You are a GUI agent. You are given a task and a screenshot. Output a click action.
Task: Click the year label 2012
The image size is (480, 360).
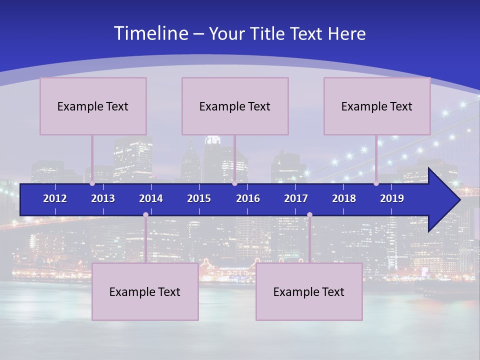[55, 198]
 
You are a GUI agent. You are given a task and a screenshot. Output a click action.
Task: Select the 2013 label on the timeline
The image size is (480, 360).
[103, 198]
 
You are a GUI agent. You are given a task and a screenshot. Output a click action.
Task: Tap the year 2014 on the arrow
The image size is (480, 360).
[151, 198]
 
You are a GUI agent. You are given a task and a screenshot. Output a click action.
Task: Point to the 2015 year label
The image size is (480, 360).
[199, 198]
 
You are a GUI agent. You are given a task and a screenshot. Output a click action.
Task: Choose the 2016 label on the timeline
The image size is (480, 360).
[248, 198]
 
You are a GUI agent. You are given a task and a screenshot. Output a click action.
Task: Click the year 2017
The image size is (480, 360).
[296, 198]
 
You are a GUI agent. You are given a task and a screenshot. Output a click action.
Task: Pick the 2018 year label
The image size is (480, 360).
[344, 198]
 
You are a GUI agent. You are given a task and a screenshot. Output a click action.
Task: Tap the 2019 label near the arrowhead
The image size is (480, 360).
[392, 198]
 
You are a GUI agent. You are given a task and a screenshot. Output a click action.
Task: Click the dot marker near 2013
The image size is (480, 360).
[92, 183]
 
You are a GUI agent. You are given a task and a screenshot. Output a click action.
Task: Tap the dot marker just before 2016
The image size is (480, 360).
[234, 183]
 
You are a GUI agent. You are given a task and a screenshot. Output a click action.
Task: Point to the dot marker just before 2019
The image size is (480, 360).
[376, 183]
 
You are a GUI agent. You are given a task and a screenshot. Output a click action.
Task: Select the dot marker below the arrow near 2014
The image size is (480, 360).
[145, 215]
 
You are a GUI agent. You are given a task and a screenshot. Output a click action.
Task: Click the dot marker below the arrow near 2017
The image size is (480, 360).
[309, 215]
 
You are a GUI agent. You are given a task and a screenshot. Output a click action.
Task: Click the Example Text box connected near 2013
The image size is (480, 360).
[93, 106]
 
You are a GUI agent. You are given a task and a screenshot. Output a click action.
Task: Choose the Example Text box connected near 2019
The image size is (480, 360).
[377, 106]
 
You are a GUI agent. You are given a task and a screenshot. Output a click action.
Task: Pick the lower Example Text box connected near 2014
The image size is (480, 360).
[145, 291]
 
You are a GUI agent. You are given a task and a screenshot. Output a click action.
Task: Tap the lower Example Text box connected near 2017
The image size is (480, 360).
[309, 291]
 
